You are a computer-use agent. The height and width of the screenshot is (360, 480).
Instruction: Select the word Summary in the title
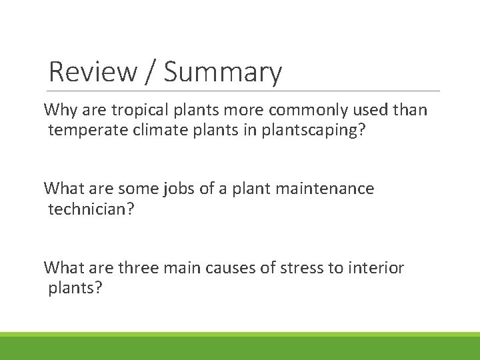(223, 71)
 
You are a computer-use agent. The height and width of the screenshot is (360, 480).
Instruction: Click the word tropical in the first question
(137, 110)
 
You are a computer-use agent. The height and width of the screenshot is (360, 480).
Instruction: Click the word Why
(59, 110)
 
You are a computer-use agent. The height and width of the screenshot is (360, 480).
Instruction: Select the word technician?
(91, 209)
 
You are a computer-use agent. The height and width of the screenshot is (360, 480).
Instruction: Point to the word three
(139, 268)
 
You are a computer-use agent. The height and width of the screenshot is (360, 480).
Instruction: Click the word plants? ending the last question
(75, 289)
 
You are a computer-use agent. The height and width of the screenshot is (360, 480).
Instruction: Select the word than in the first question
(409, 110)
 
